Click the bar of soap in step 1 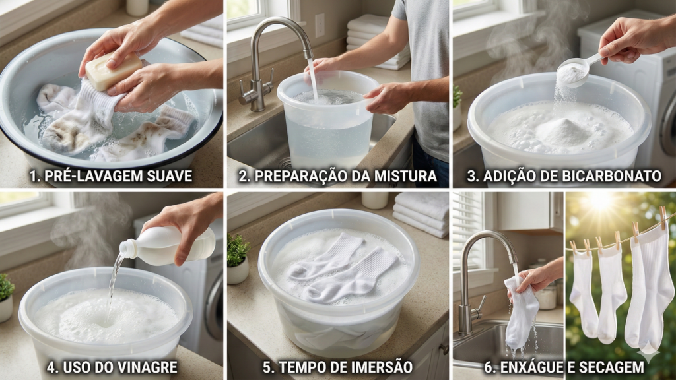tap(114, 70)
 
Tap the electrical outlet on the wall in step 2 tap(320, 26)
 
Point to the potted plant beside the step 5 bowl tap(238, 259)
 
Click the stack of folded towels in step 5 tap(421, 214)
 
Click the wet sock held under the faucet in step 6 tap(521, 313)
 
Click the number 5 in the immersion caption tap(267, 367)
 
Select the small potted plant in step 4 tap(6, 298)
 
